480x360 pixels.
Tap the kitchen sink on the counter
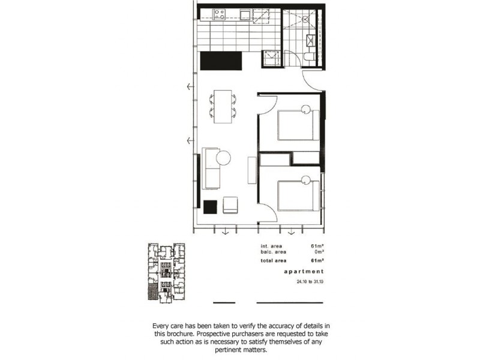pyautogui.click(x=244, y=13)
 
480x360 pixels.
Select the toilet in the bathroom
pyautogui.click(x=308, y=58)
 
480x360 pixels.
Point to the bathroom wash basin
pyautogui.click(x=312, y=40)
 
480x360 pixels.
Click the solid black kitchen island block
pyautogui.click(x=220, y=60)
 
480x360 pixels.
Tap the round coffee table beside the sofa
pyautogui.click(x=223, y=158)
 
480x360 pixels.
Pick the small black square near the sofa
pyautogui.click(x=210, y=206)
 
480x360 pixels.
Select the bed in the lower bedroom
pyautogui.click(x=298, y=194)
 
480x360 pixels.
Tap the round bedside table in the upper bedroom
pyautogui.click(x=306, y=109)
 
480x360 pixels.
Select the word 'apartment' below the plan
pyautogui.click(x=304, y=272)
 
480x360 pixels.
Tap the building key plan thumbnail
pyautogui.click(x=167, y=273)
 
